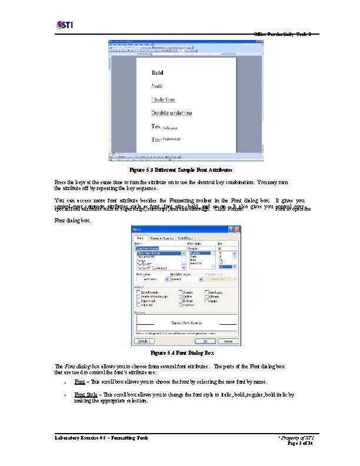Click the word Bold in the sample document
pos(158,73)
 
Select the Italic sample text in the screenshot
pos(158,86)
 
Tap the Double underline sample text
pos(172,113)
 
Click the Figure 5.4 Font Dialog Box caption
pos(182,353)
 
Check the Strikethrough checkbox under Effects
pos(138,291)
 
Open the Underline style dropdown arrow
pos(200,280)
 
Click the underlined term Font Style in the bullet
pos(86,395)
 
